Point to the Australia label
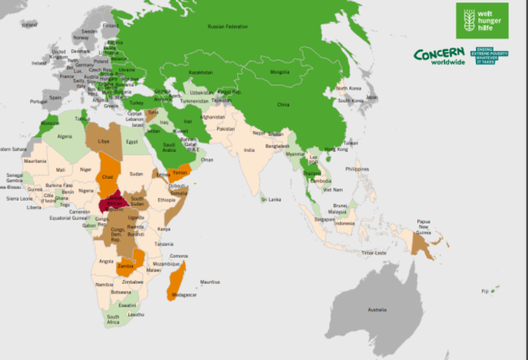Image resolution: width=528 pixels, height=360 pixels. pyautogui.click(x=377, y=310)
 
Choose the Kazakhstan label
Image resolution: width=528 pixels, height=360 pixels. pyautogui.click(x=201, y=72)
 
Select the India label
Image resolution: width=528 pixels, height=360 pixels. pyautogui.click(x=249, y=150)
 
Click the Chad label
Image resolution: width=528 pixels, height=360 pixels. pyautogui.click(x=107, y=176)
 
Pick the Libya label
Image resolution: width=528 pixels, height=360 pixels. pyautogui.click(x=103, y=141)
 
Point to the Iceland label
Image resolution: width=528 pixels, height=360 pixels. pyautogui.click(x=29, y=24)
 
